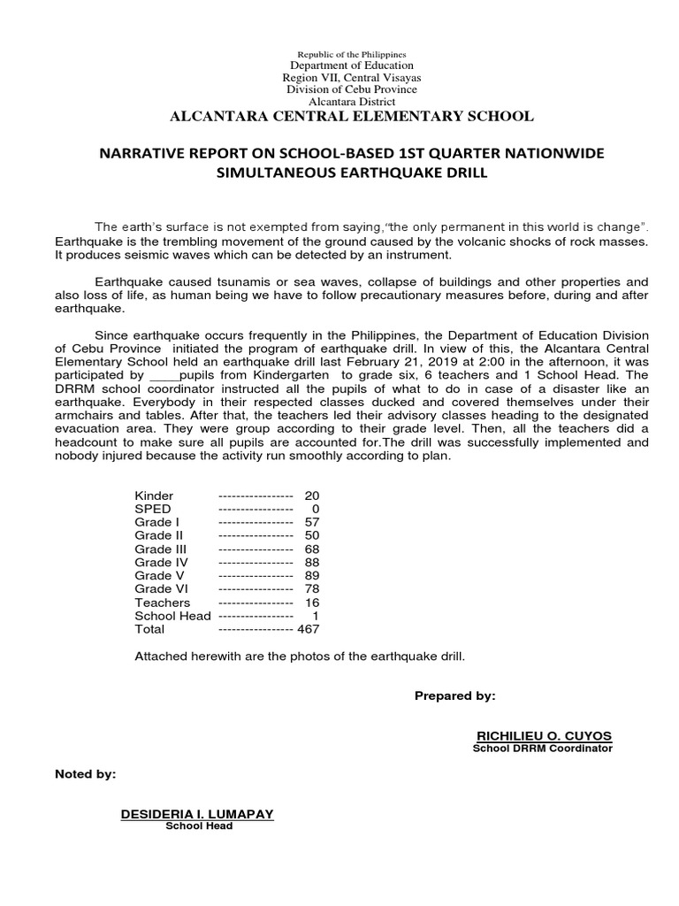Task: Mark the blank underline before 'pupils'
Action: (163, 375)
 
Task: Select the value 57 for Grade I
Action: (310, 522)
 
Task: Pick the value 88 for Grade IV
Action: (310, 563)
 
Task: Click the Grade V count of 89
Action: (310, 576)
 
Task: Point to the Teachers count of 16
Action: (310, 603)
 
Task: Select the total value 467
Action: (308, 629)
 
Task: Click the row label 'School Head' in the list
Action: (172, 616)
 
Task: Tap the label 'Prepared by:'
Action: (455, 696)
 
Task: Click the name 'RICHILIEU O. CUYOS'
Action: (544, 736)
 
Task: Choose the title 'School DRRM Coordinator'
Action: (544, 749)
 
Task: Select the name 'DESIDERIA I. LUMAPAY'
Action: (197, 813)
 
